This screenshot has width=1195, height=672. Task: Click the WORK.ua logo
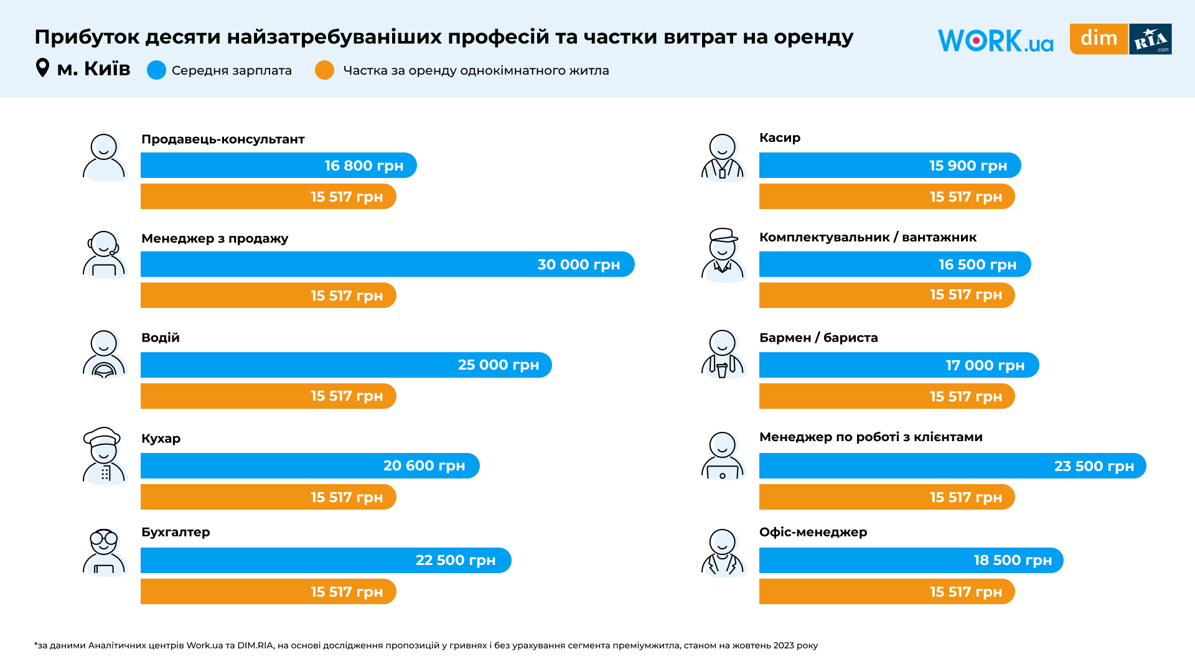pyautogui.click(x=995, y=40)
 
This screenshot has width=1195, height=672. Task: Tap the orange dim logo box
pyautogui.click(x=1099, y=39)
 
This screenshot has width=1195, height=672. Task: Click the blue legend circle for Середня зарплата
pyautogui.click(x=156, y=70)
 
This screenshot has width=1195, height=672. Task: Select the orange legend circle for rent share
pyautogui.click(x=324, y=70)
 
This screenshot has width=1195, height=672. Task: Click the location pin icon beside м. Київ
pyautogui.click(x=42, y=68)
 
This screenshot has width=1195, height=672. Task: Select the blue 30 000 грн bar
pyautogui.click(x=387, y=264)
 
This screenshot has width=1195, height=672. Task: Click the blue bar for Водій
pyautogui.click(x=345, y=365)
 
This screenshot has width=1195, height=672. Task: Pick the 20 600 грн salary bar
pyautogui.click(x=309, y=466)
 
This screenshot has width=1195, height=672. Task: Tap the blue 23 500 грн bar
pyautogui.click(x=952, y=466)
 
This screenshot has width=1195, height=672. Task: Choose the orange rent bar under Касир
pyautogui.click(x=886, y=197)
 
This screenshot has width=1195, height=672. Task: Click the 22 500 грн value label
pyautogui.click(x=456, y=561)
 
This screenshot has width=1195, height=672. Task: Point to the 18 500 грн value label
pyautogui.click(x=1013, y=561)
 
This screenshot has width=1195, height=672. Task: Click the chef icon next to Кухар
pyautogui.click(x=104, y=455)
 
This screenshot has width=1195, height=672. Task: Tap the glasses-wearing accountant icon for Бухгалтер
pyautogui.click(x=104, y=552)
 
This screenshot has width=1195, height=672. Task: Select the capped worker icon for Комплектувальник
pyautogui.click(x=723, y=254)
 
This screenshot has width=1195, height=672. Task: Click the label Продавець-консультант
pyautogui.click(x=223, y=139)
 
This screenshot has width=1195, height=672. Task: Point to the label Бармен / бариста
pyautogui.click(x=818, y=338)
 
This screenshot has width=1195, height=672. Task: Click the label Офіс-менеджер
pyautogui.click(x=813, y=532)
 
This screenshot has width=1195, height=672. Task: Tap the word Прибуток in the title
pyautogui.click(x=87, y=37)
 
